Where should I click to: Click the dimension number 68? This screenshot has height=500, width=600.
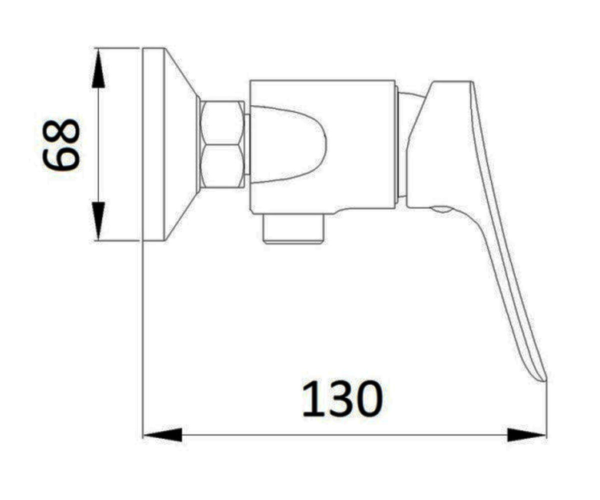click(x=61, y=145)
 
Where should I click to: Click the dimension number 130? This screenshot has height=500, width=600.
click(x=342, y=398)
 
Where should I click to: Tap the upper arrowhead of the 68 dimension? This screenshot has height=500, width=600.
click(x=98, y=68)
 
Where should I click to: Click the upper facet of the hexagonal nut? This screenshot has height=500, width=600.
click(x=222, y=122)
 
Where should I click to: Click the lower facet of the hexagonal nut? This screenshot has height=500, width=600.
click(x=222, y=166)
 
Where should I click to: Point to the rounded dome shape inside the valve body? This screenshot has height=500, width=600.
click(x=289, y=144)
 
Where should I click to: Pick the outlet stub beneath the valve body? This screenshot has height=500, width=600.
click(x=293, y=229)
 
